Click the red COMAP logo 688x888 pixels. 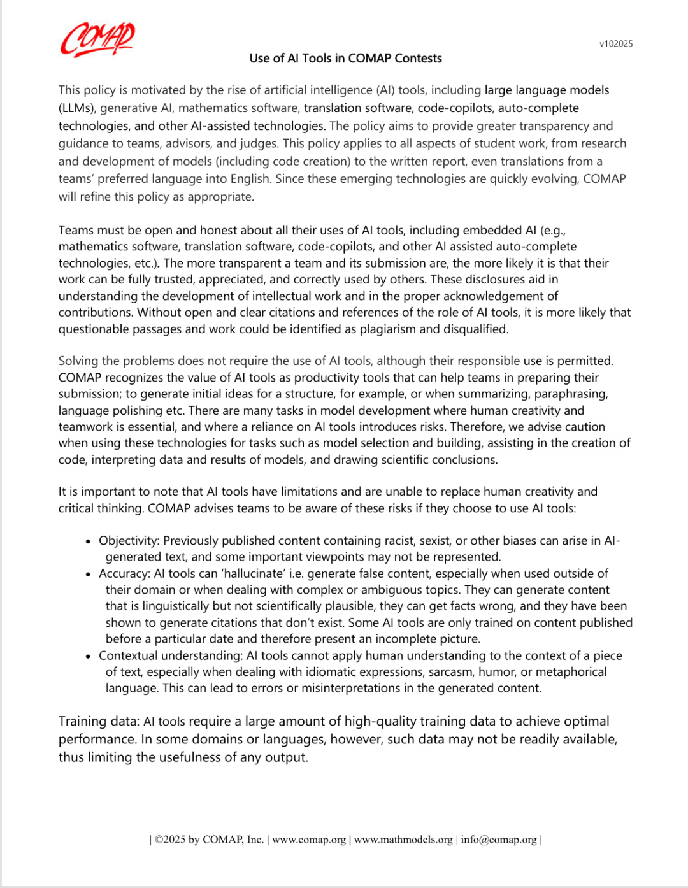pos(97,39)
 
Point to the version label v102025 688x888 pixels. pos(616,44)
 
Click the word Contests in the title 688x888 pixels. pos(418,59)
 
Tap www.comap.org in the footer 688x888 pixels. pos(309,840)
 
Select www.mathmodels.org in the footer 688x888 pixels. pos(403,840)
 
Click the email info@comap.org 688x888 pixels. pos(499,840)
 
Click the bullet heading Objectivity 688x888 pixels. pos(129,541)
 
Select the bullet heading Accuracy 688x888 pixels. pos(124,574)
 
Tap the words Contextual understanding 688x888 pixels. pos(170,656)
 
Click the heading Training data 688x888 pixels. pos(99,722)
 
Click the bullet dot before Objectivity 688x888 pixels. pos(89,541)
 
